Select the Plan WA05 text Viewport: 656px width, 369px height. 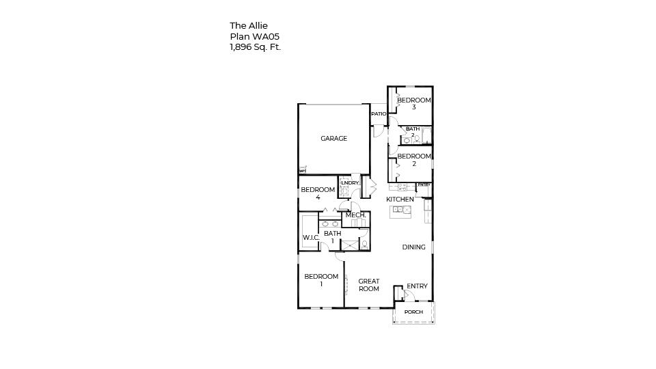pyautogui.click(x=254, y=37)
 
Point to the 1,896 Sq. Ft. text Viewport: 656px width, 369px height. pyautogui.click(x=255, y=47)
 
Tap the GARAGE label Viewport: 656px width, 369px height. pyautogui.click(x=334, y=139)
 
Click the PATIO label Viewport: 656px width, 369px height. pyautogui.click(x=379, y=114)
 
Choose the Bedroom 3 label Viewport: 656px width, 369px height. pyautogui.click(x=414, y=104)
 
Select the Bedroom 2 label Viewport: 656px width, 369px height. pyautogui.click(x=414, y=160)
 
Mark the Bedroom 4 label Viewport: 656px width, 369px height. pyautogui.click(x=318, y=193)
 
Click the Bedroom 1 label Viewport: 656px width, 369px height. pyautogui.click(x=321, y=280)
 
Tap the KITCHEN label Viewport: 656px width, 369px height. pyautogui.click(x=400, y=200)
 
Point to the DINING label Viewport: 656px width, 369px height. pyautogui.click(x=413, y=247)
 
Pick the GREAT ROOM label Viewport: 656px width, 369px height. pyautogui.click(x=369, y=285)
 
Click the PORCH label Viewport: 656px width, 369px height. pyautogui.click(x=413, y=312)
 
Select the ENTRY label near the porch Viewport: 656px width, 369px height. pyautogui.click(x=417, y=286)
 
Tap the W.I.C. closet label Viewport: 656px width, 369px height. pyautogui.click(x=311, y=238)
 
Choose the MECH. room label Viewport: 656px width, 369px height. pyautogui.click(x=355, y=215)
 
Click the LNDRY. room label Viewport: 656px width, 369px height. pyautogui.click(x=350, y=183)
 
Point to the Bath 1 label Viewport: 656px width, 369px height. pyautogui.click(x=333, y=237)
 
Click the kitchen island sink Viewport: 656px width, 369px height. pyautogui.click(x=400, y=210)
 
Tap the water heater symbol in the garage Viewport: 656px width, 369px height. pyautogui.click(x=302, y=171)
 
